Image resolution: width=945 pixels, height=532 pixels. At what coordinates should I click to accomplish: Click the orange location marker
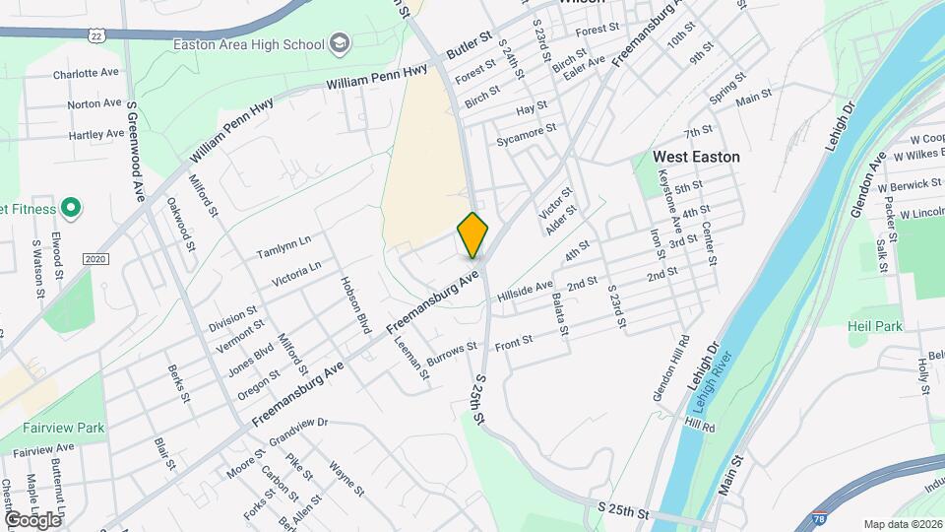473,234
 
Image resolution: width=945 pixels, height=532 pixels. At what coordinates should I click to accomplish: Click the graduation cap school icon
340,43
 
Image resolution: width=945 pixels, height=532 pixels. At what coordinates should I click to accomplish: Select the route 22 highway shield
95,35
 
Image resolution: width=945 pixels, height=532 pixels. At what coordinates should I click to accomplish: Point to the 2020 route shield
94,259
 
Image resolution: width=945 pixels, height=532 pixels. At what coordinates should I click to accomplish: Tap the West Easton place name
696,157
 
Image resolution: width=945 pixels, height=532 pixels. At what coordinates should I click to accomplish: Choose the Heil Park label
875,325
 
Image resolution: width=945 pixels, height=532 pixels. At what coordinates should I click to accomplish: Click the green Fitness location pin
70,208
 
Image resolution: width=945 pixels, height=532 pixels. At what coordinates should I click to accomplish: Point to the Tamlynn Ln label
283,245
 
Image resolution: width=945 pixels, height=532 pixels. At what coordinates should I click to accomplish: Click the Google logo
32,519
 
